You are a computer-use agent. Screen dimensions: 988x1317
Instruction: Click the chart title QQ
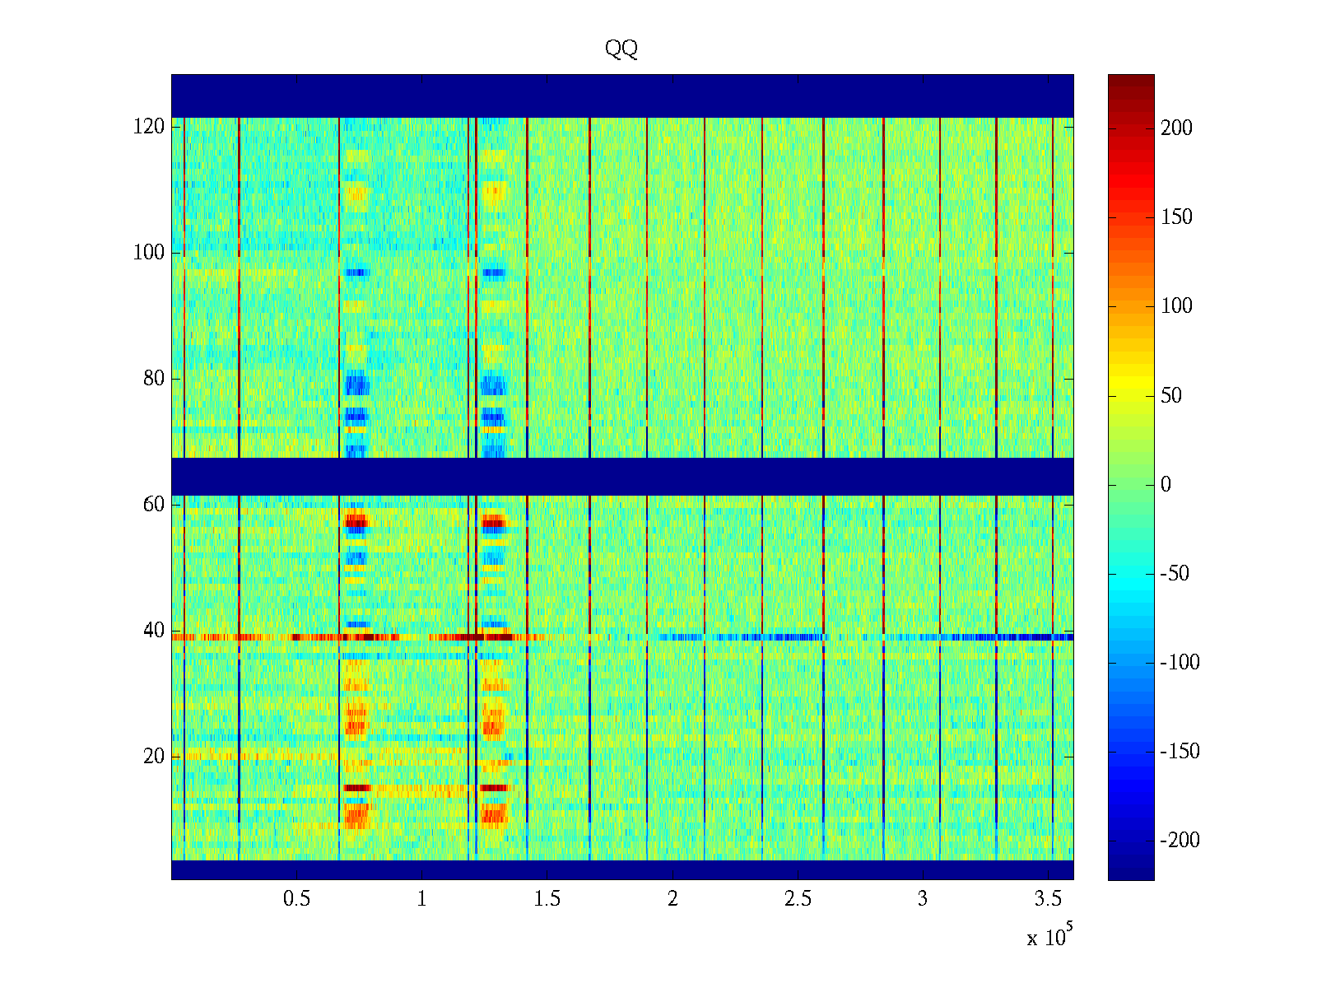[621, 49]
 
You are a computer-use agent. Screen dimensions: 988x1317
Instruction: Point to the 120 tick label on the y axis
[149, 127]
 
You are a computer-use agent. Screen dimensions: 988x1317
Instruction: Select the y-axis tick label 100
[149, 253]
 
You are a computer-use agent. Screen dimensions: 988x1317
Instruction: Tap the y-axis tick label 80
[154, 379]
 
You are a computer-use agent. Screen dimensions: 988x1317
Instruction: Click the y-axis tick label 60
[154, 505]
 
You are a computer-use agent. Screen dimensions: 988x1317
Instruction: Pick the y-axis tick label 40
[154, 631]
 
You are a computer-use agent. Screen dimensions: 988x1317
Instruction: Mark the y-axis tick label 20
[154, 757]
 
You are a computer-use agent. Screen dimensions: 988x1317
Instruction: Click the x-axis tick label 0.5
[296, 899]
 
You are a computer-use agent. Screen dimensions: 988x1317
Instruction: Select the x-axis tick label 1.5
[547, 899]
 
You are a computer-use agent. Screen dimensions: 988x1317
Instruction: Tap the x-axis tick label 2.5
[798, 899]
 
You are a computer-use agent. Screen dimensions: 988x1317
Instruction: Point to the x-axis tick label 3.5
[1048, 899]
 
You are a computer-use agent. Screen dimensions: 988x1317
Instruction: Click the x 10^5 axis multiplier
[1049, 936]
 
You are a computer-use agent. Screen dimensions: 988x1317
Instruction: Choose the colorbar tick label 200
[1176, 128]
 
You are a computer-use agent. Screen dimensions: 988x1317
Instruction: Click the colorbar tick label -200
[1180, 841]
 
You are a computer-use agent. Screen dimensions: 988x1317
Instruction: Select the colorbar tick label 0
[1166, 485]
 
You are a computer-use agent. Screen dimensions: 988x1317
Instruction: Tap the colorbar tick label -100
[1180, 663]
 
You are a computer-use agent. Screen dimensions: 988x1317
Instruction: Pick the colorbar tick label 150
[1176, 217]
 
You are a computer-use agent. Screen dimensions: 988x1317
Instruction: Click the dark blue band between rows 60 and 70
[621, 476]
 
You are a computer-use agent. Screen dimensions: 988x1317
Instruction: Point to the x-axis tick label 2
[672, 899]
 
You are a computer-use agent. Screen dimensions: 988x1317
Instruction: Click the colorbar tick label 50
[1171, 396]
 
